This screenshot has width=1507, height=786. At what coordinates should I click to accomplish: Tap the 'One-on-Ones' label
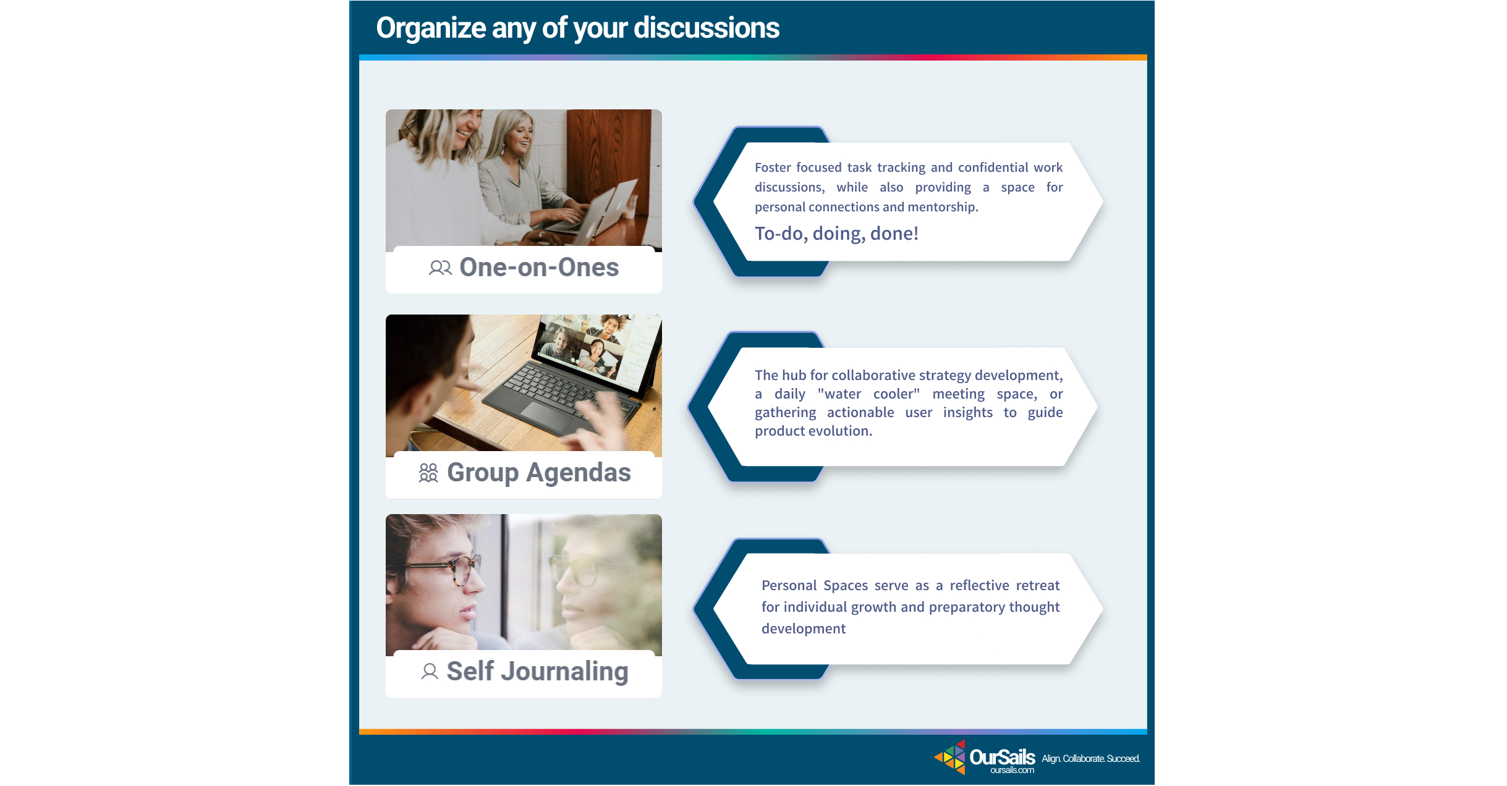pyautogui.click(x=539, y=267)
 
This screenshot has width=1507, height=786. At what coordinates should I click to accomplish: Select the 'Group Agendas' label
pyautogui.click(x=539, y=473)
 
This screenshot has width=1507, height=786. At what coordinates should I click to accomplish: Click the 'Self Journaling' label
pyautogui.click(x=537, y=672)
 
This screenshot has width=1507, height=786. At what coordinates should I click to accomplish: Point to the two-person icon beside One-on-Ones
pyautogui.click(x=440, y=268)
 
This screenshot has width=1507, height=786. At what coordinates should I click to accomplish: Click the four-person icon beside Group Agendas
pyautogui.click(x=428, y=473)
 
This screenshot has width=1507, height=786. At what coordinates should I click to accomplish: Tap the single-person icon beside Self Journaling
pyautogui.click(x=430, y=671)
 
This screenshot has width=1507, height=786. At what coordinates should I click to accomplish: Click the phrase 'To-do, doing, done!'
pyautogui.click(x=836, y=234)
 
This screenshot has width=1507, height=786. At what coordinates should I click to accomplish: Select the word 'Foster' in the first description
pyautogui.click(x=773, y=167)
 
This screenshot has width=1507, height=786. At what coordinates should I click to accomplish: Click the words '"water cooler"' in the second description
pyautogui.click(x=868, y=394)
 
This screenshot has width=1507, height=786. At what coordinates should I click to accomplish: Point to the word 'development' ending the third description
pyautogui.click(x=804, y=628)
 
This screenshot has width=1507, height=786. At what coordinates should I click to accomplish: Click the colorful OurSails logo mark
pyautogui.click(x=950, y=757)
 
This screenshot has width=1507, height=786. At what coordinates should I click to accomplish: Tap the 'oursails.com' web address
pyautogui.click(x=1012, y=770)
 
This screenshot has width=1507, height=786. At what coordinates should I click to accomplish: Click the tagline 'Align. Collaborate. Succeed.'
pyautogui.click(x=1091, y=758)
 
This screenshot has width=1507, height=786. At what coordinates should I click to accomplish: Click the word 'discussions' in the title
pyautogui.click(x=707, y=28)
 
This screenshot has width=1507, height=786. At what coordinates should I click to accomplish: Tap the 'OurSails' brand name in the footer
pyautogui.click(x=1002, y=756)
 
